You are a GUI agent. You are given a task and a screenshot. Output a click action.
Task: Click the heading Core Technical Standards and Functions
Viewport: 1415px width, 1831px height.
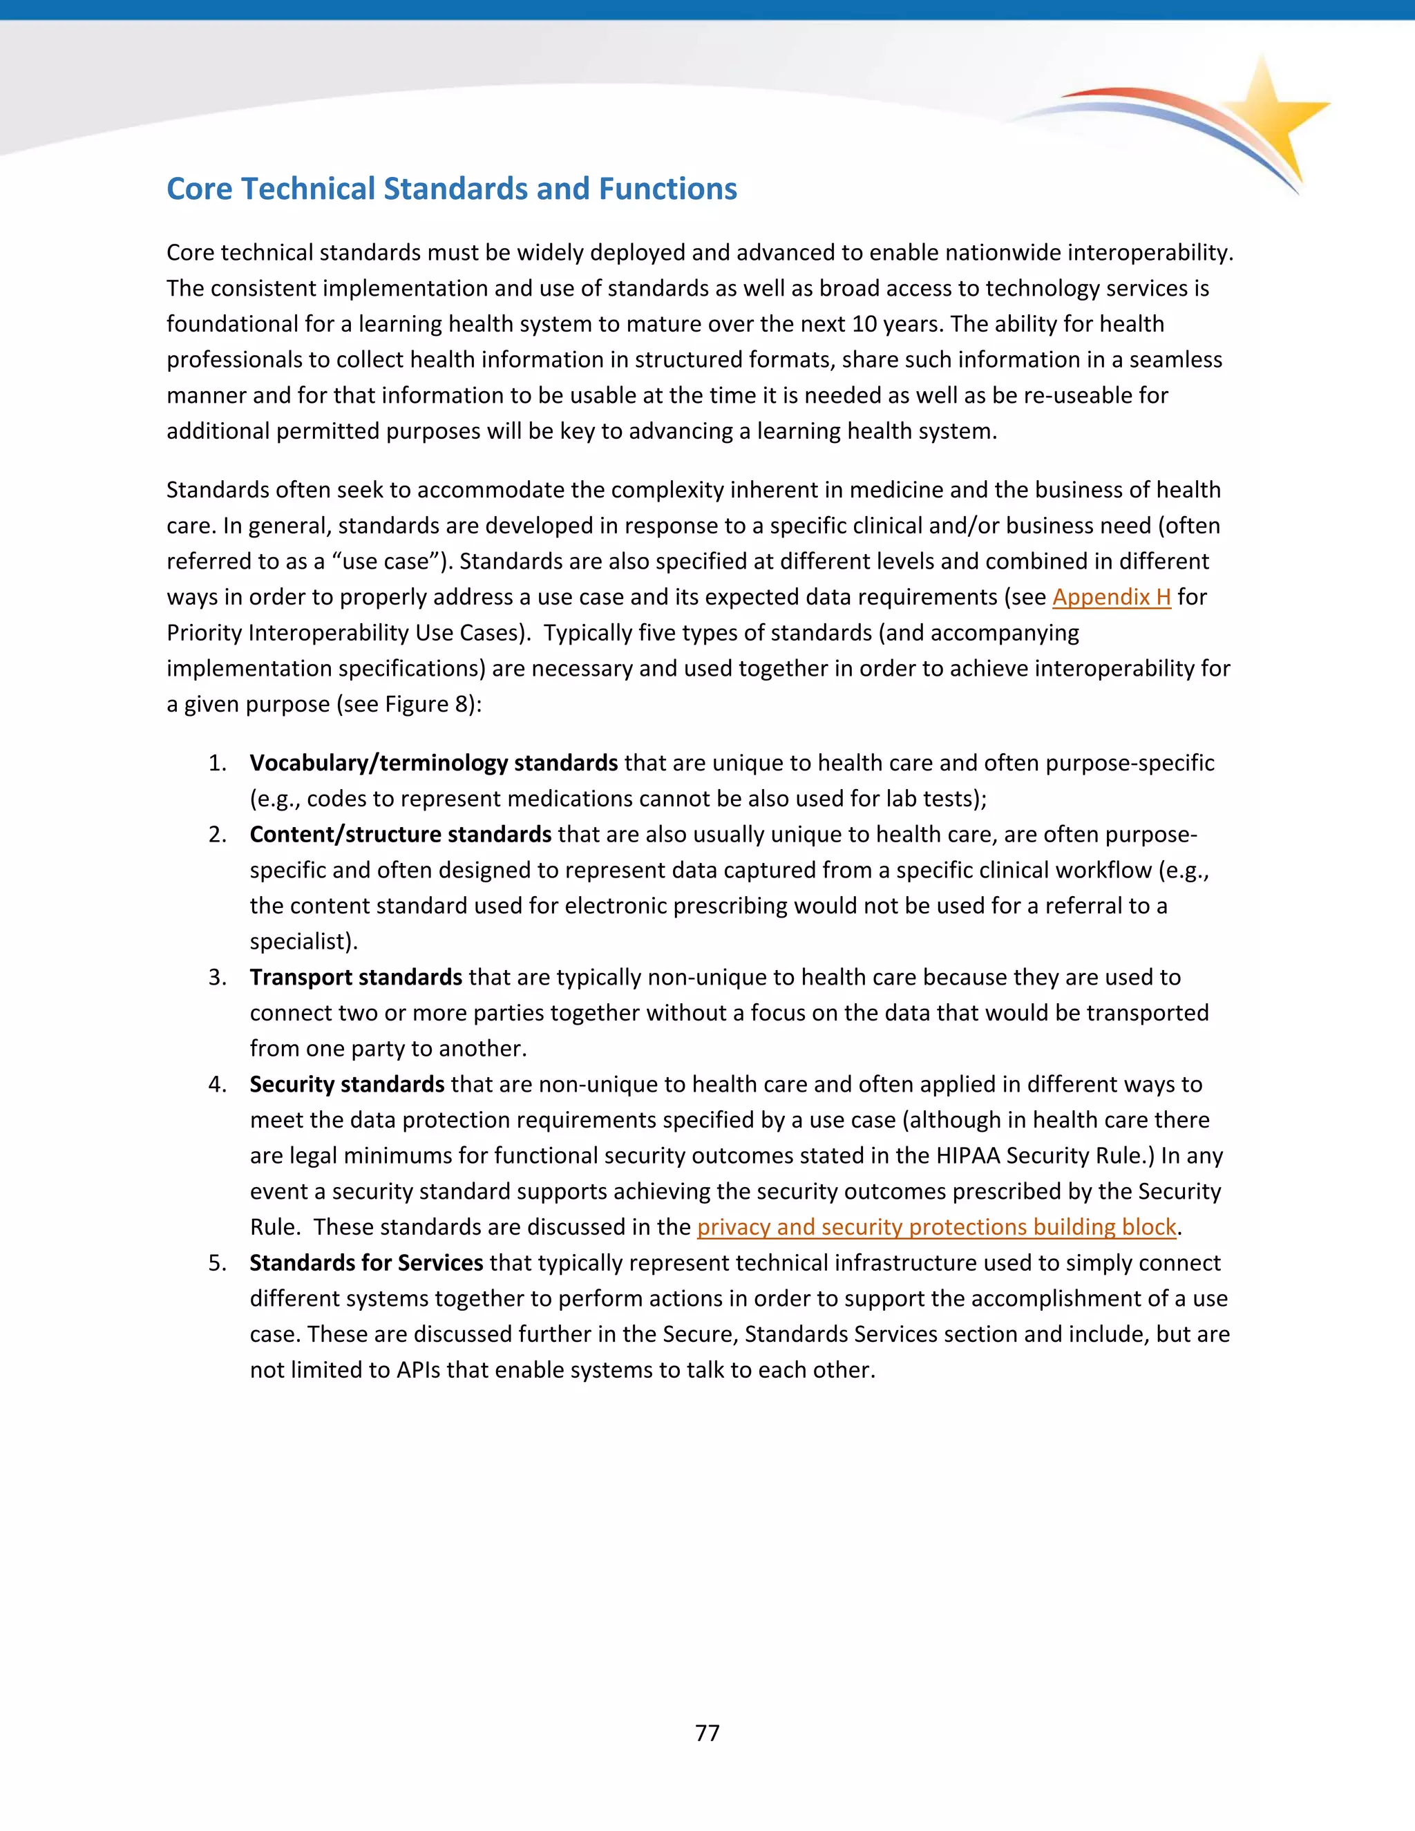(x=451, y=189)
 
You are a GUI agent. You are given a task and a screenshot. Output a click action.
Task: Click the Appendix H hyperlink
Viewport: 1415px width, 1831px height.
(x=1111, y=597)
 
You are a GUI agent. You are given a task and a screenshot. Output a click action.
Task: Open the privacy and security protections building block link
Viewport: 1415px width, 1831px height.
(x=936, y=1227)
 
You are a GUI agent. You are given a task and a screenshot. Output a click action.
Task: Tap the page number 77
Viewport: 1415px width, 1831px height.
(x=707, y=1733)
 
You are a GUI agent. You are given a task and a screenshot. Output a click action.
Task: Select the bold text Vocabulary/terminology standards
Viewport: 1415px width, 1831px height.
(x=433, y=763)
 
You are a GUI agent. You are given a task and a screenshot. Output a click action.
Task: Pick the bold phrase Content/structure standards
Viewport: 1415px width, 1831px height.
(x=400, y=834)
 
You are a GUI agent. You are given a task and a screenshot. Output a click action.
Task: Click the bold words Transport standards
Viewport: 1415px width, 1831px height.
(x=355, y=978)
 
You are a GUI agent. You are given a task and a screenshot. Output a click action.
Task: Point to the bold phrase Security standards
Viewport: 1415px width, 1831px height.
(x=346, y=1085)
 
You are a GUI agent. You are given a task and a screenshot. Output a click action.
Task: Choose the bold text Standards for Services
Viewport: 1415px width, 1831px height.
(x=365, y=1264)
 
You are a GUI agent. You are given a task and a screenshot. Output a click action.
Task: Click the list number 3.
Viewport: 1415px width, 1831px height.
(x=217, y=978)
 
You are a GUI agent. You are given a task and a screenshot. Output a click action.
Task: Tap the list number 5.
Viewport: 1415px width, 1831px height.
(x=217, y=1264)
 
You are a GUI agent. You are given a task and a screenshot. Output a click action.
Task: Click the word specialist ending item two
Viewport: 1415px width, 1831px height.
(x=299, y=942)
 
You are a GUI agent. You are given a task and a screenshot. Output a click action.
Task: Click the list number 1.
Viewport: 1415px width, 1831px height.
(x=217, y=763)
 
